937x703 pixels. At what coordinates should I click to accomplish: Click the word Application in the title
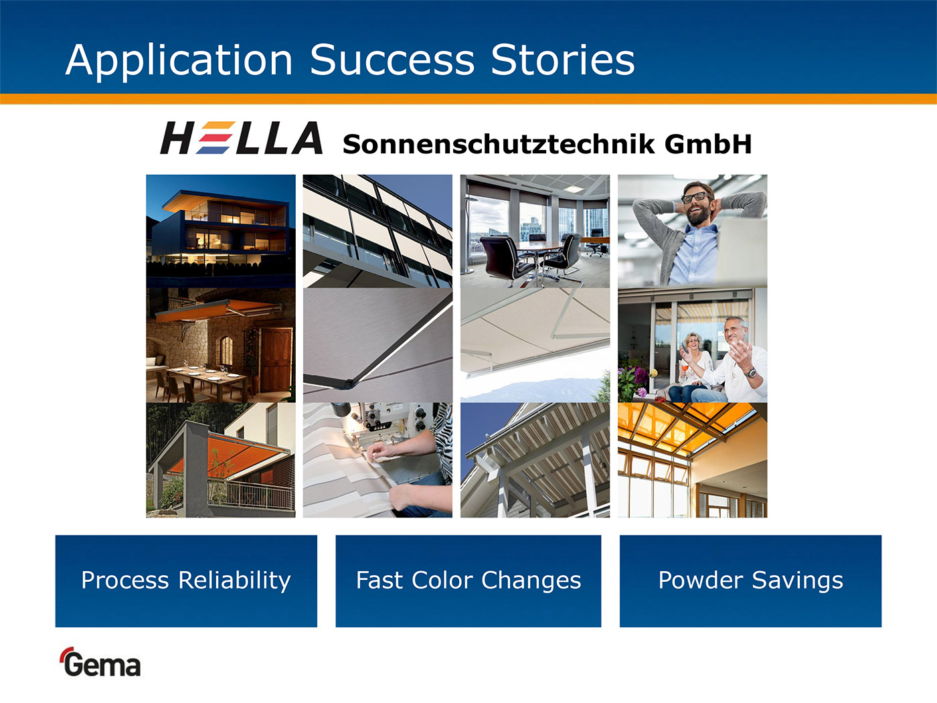click(x=179, y=60)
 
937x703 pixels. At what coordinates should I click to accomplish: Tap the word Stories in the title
click(x=563, y=60)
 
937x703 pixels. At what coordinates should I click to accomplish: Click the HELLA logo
click(x=241, y=137)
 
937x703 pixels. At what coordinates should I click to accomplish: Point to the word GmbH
click(x=707, y=144)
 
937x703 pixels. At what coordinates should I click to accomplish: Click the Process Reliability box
click(x=186, y=581)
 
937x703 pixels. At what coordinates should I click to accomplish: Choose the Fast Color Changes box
click(x=468, y=581)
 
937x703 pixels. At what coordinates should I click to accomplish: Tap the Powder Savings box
click(x=750, y=581)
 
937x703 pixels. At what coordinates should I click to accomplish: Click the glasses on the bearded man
click(x=696, y=198)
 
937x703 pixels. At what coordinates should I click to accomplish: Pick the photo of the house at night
click(x=221, y=231)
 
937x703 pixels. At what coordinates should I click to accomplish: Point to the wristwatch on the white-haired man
click(x=750, y=373)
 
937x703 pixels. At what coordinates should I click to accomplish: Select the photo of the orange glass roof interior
click(x=693, y=460)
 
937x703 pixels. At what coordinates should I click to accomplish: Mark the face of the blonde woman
click(x=693, y=343)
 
